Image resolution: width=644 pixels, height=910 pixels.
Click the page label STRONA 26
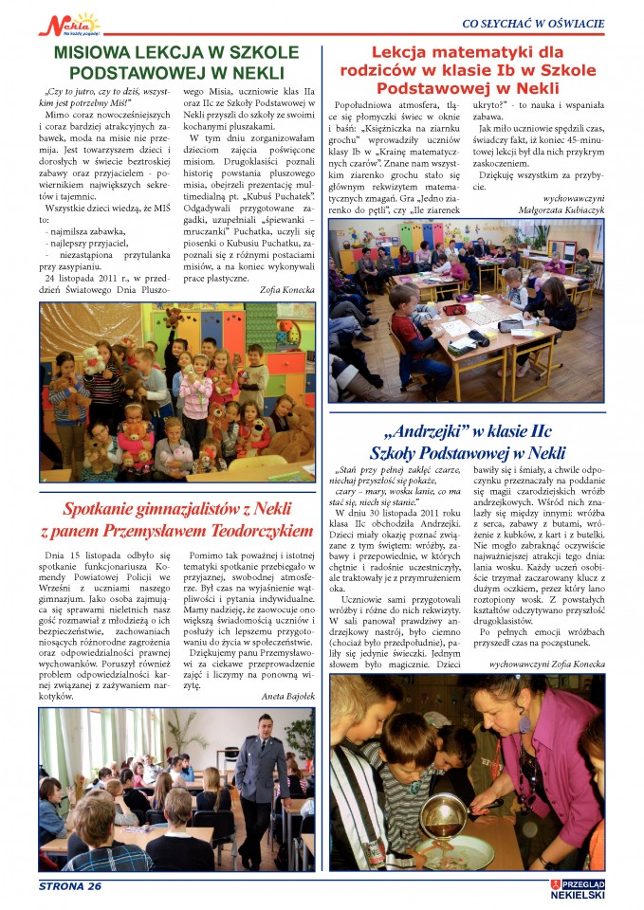tap(69, 886)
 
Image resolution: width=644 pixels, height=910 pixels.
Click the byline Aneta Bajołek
tap(287, 695)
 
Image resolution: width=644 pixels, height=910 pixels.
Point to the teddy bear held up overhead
tap(174, 316)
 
